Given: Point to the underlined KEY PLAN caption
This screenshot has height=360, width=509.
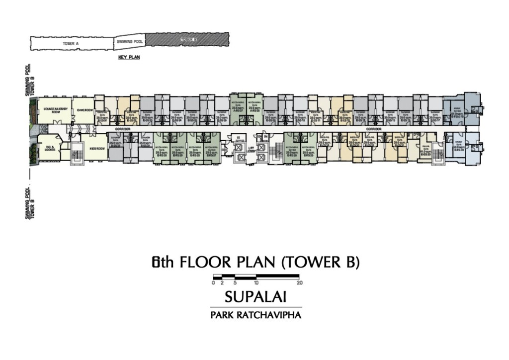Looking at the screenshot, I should [x=129, y=58].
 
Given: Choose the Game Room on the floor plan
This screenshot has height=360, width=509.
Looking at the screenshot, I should [x=85, y=110].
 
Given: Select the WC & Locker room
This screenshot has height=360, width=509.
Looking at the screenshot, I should [x=49, y=148].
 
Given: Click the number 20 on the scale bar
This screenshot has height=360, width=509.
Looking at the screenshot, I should [x=299, y=283].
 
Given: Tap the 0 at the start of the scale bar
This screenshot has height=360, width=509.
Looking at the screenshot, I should [x=213, y=283].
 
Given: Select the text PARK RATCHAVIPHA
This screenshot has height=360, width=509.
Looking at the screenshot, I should [x=255, y=315].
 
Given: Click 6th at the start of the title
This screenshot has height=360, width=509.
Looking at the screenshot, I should [x=162, y=262].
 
